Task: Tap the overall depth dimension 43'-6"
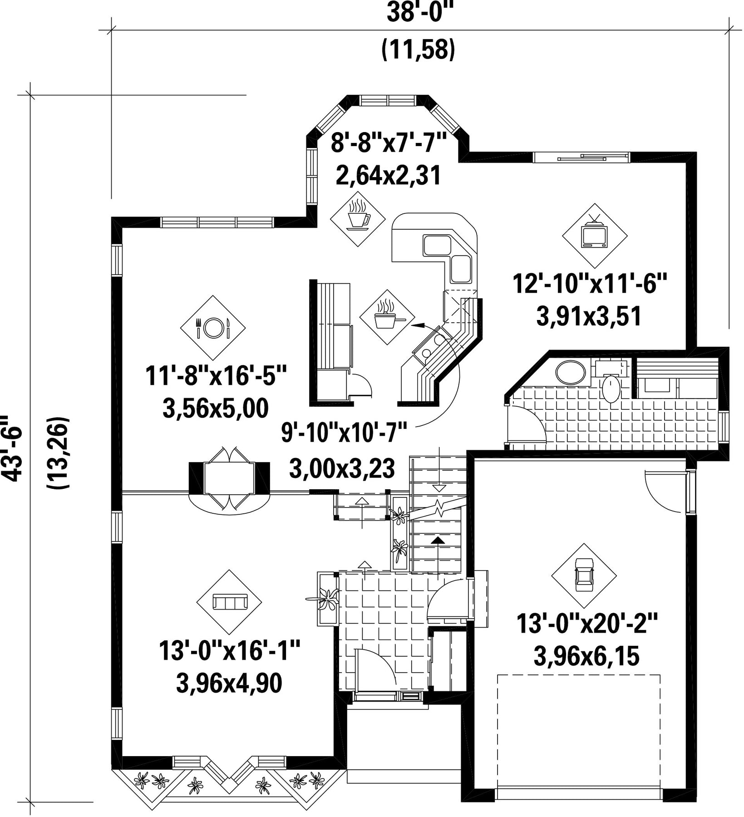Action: click(12, 447)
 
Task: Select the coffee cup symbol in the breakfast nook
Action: click(358, 214)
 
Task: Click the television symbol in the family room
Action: click(595, 236)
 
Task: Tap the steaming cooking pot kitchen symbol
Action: click(387, 317)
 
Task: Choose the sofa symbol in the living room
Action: click(229, 602)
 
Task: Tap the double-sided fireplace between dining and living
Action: click(229, 478)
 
